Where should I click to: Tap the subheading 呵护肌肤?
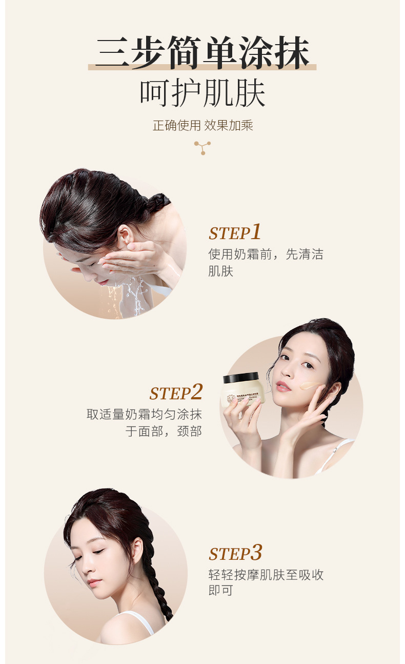[202, 93]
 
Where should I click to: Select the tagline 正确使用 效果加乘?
[202, 126]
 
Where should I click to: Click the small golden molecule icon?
[202, 148]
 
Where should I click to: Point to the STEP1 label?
[235, 232]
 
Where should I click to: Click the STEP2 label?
[176, 393]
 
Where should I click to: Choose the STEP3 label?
[235, 553]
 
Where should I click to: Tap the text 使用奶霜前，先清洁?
[266, 255]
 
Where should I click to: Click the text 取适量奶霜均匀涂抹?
[144, 415]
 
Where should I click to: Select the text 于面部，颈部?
[164, 431]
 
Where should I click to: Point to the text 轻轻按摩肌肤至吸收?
[266, 575]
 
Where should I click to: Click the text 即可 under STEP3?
[220, 591]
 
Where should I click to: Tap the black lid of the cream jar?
[240, 378]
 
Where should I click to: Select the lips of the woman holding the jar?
[283, 386]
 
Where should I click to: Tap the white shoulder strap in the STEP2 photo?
[333, 454]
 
